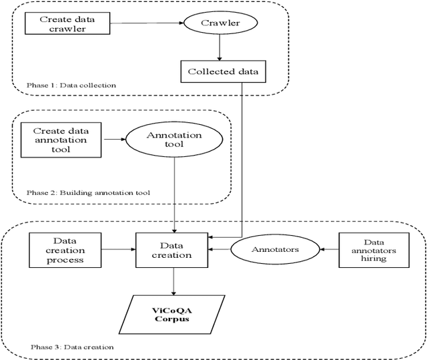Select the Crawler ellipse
(221, 24)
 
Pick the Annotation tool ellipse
(174, 140)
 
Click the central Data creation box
(173, 250)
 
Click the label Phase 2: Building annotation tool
(88, 192)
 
